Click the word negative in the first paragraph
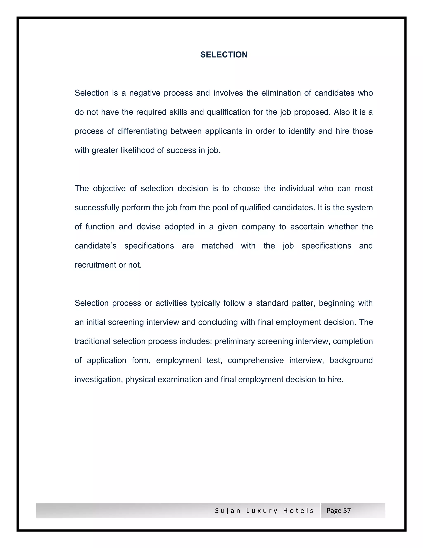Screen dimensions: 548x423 coord(145,93)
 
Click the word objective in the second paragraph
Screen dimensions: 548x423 coord(109,188)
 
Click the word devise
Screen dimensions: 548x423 coord(148,227)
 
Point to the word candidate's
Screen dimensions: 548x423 coord(95,246)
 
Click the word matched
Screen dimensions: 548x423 coord(217,246)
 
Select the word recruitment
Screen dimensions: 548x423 coord(95,265)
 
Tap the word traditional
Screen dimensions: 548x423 coord(93,341)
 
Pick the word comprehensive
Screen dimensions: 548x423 coord(256,361)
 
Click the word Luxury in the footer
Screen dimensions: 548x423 coord(262,511)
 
